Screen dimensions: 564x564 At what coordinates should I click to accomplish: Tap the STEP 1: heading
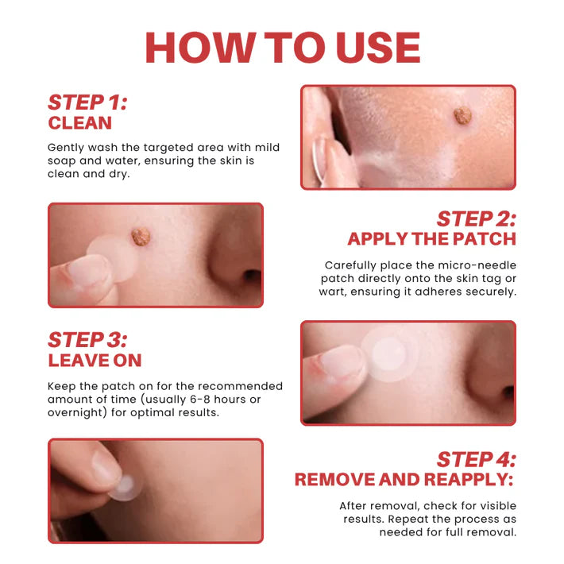[87, 102]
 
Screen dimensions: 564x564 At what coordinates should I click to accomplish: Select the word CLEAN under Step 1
[79, 123]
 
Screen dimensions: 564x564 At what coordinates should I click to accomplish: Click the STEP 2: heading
[476, 219]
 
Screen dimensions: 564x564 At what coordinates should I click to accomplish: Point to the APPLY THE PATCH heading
[431, 239]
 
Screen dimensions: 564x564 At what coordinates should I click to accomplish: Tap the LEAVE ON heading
[95, 361]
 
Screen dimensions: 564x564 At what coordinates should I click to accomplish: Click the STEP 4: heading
[476, 459]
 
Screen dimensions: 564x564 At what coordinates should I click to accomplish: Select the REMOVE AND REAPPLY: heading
[404, 480]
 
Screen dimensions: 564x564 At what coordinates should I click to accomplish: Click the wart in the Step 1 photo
[462, 116]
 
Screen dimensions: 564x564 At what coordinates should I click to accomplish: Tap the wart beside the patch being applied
[141, 236]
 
